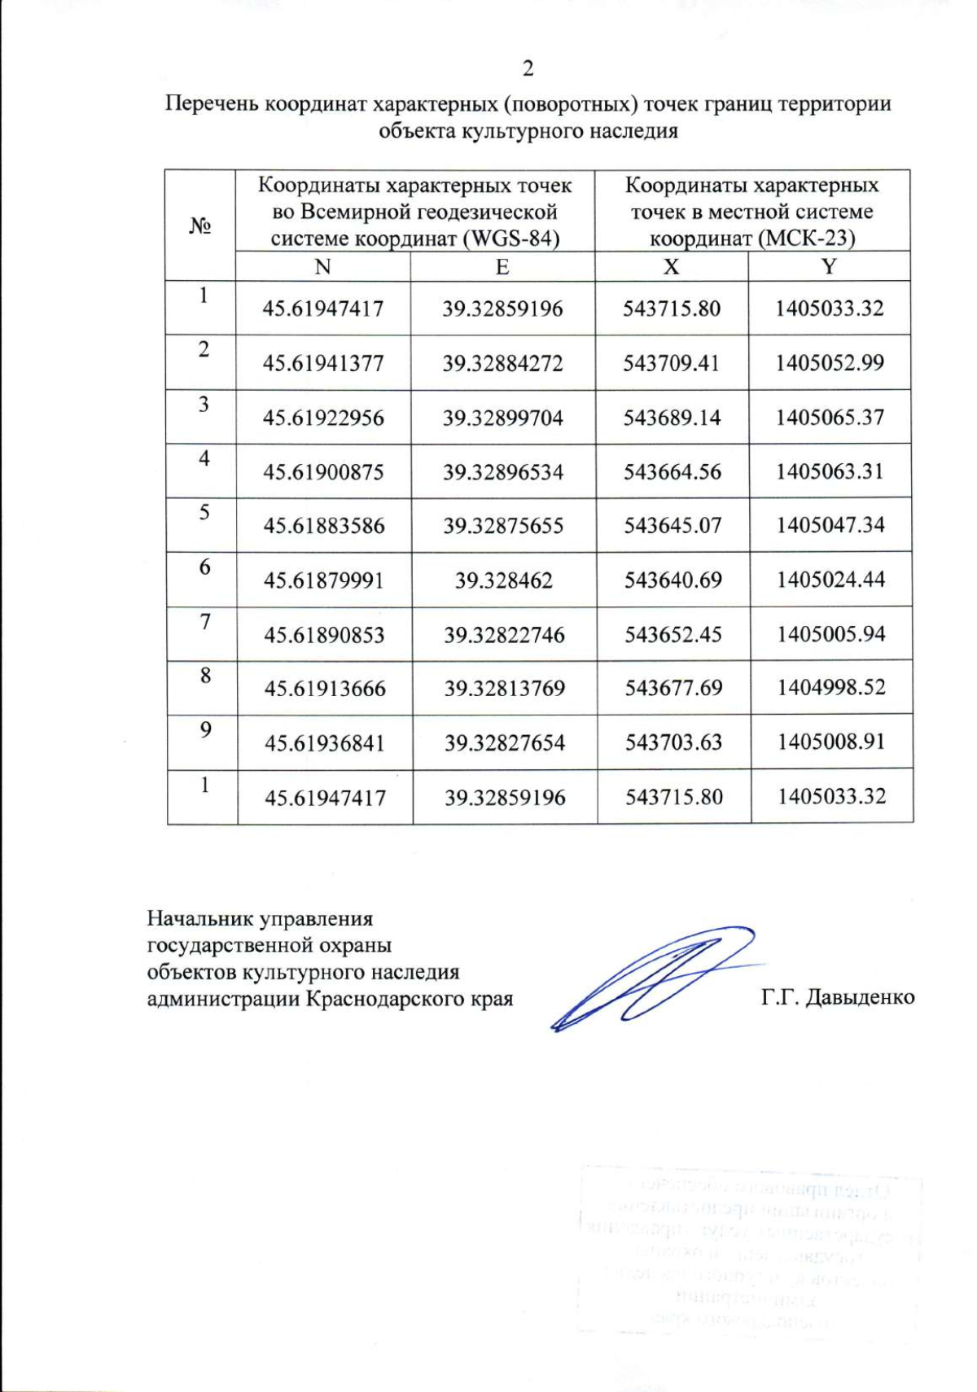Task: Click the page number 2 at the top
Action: (528, 68)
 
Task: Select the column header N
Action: (322, 267)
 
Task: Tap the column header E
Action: (502, 267)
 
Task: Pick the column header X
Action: (671, 267)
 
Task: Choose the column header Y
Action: (829, 267)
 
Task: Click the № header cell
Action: (200, 225)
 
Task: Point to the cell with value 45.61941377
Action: (322, 363)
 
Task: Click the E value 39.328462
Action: (503, 580)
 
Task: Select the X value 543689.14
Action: (672, 418)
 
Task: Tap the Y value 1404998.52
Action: (830, 688)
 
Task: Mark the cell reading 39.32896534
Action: (502, 472)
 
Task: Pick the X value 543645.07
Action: (673, 525)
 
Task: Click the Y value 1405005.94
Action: (830, 633)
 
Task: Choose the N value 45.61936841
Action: (324, 742)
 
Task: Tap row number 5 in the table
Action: (204, 512)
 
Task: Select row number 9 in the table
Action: (205, 729)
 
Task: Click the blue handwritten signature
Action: (651, 977)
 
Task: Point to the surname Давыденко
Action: (860, 997)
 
